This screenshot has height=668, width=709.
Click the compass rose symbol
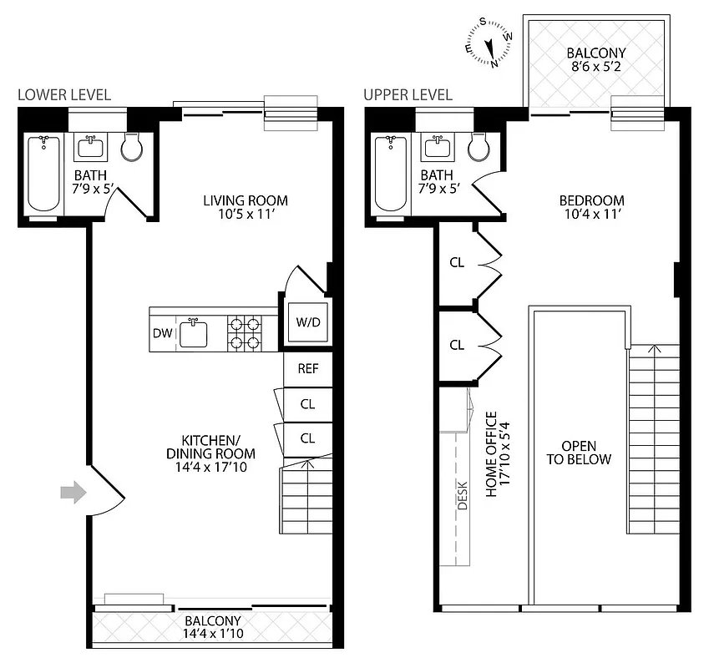[489, 43]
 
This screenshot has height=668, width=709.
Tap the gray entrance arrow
[73, 493]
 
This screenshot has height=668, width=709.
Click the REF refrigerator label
[307, 367]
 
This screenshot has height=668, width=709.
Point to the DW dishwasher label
[162, 334]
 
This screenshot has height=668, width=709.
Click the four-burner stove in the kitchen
[245, 332]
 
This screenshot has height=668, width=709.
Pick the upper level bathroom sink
[437, 149]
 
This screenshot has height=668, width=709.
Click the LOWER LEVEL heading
[64, 95]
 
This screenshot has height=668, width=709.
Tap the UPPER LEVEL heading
[408, 95]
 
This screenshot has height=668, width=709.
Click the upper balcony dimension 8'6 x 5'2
[595, 68]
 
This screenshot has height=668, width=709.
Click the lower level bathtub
[43, 174]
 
